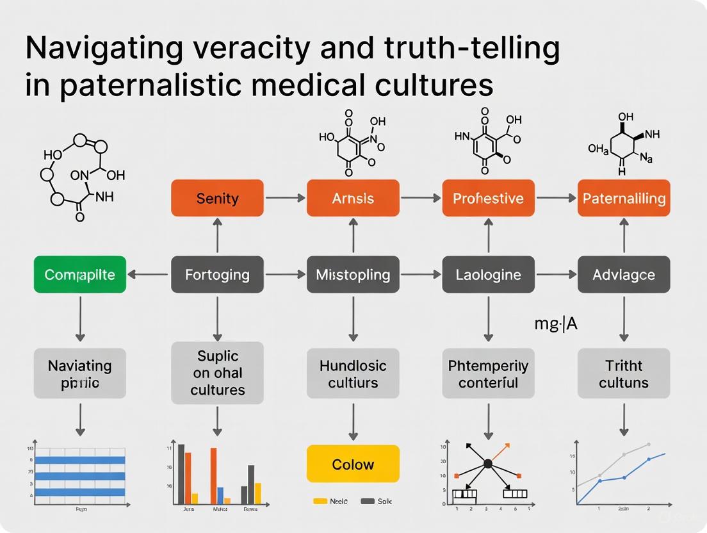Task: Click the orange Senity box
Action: tap(217, 198)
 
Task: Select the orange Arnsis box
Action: tap(353, 198)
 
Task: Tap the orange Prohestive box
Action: tap(489, 198)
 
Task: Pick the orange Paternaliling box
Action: tap(624, 198)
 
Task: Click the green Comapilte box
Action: tap(80, 275)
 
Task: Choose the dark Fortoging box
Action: tap(217, 275)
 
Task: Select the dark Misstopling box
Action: tap(353, 275)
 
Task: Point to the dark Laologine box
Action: tap(489, 275)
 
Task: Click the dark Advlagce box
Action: tap(624, 275)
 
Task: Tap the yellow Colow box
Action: tap(353, 464)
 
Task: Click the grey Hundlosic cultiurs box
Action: tap(353, 374)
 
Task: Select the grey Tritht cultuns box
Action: tap(624, 374)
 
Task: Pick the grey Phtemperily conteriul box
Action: tap(489, 374)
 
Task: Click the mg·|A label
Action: tap(555, 324)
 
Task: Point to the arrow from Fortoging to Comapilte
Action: tap(149, 275)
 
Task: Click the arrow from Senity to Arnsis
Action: tap(285, 198)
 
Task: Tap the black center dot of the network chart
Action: tap(488, 463)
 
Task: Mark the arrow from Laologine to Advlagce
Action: tap(556, 275)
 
